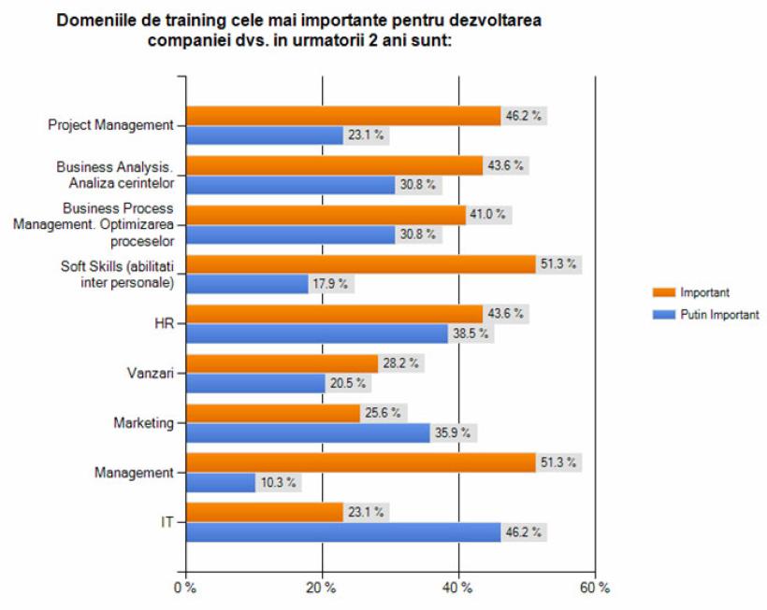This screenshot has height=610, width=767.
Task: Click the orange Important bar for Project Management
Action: pyautogui.click(x=342, y=116)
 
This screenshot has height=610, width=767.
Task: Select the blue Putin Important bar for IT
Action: pyautogui.click(x=342, y=532)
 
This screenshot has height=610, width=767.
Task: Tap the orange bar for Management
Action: pyautogui.click(x=360, y=462)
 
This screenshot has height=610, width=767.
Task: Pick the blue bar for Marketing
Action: pyautogui.click(x=308, y=433)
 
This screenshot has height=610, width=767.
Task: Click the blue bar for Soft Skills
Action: pyautogui.click(x=247, y=284)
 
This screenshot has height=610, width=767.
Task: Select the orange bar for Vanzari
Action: pyautogui.click(x=282, y=363)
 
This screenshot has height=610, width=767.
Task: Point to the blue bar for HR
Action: pyautogui.click(x=316, y=333)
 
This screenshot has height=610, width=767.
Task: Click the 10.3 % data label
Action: pyautogui.click(x=279, y=483)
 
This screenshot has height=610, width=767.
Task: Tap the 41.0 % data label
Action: pyautogui.click(x=488, y=215)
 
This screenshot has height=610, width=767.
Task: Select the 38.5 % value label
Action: pyautogui.click(x=470, y=333)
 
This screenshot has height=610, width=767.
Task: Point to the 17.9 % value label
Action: pyautogui.click(x=331, y=284)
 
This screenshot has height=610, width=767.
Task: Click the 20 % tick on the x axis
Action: pyautogui.click(x=322, y=588)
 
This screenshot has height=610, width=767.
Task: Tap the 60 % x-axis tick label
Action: pyautogui.click(x=595, y=588)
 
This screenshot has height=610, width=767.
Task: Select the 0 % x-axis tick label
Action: pyautogui.click(x=185, y=588)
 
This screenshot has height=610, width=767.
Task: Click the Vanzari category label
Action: pyautogui.click(x=153, y=374)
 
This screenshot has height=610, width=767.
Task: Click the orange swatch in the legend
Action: pyautogui.click(x=661, y=293)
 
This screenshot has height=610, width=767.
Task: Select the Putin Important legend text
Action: pyautogui.click(x=719, y=315)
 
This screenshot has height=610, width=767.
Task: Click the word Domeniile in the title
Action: pyautogui.click(x=92, y=20)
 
